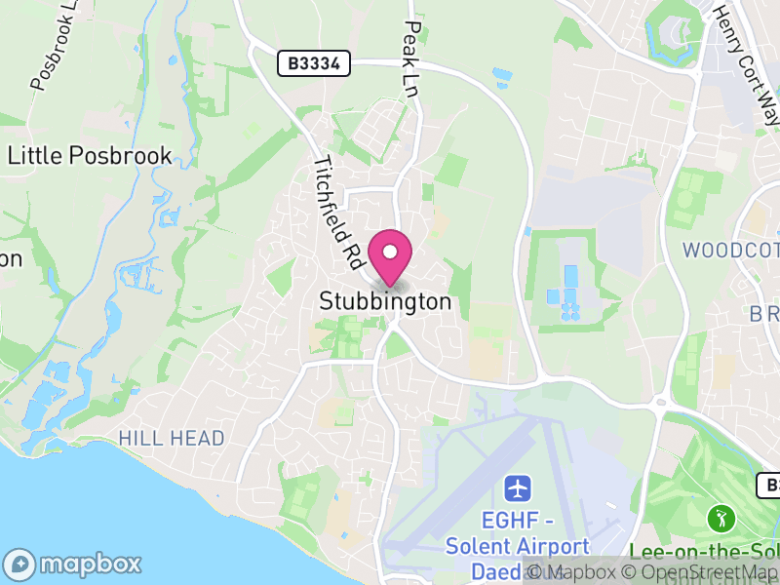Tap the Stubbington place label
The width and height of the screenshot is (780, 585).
[x=386, y=302]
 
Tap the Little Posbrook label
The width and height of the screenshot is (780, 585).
[x=90, y=156]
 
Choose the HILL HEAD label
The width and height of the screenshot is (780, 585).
[x=172, y=439]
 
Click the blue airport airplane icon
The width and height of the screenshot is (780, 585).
[x=517, y=487]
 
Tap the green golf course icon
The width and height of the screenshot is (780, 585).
[x=721, y=515]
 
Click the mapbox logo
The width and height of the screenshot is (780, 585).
[x=74, y=565]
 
